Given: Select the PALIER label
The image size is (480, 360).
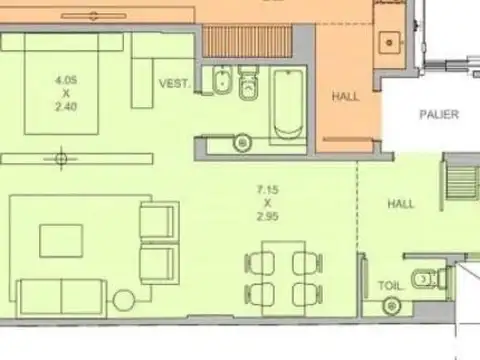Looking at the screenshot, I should (x=440, y=115).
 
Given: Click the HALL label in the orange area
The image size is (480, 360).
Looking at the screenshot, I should (x=346, y=97).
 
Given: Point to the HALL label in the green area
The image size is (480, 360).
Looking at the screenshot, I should (x=401, y=204).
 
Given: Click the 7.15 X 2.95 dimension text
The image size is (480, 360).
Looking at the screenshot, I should (x=266, y=203).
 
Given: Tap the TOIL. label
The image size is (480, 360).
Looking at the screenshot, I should (x=390, y=286).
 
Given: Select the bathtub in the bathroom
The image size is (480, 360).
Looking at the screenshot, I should (x=287, y=105).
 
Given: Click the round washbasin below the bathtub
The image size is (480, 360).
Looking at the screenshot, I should (x=241, y=143).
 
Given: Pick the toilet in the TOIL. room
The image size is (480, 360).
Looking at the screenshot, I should (x=427, y=276).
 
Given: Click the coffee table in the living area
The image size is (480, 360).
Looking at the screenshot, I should (x=62, y=241).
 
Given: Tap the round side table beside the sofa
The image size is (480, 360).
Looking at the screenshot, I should (x=125, y=299).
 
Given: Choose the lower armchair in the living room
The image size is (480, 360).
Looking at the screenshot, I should (x=159, y=264).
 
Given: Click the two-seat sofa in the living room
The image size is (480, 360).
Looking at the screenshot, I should (x=62, y=297).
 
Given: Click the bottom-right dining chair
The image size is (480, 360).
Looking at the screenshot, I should (x=306, y=294).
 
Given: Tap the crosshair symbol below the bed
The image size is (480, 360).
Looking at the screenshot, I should (x=63, y=157).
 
